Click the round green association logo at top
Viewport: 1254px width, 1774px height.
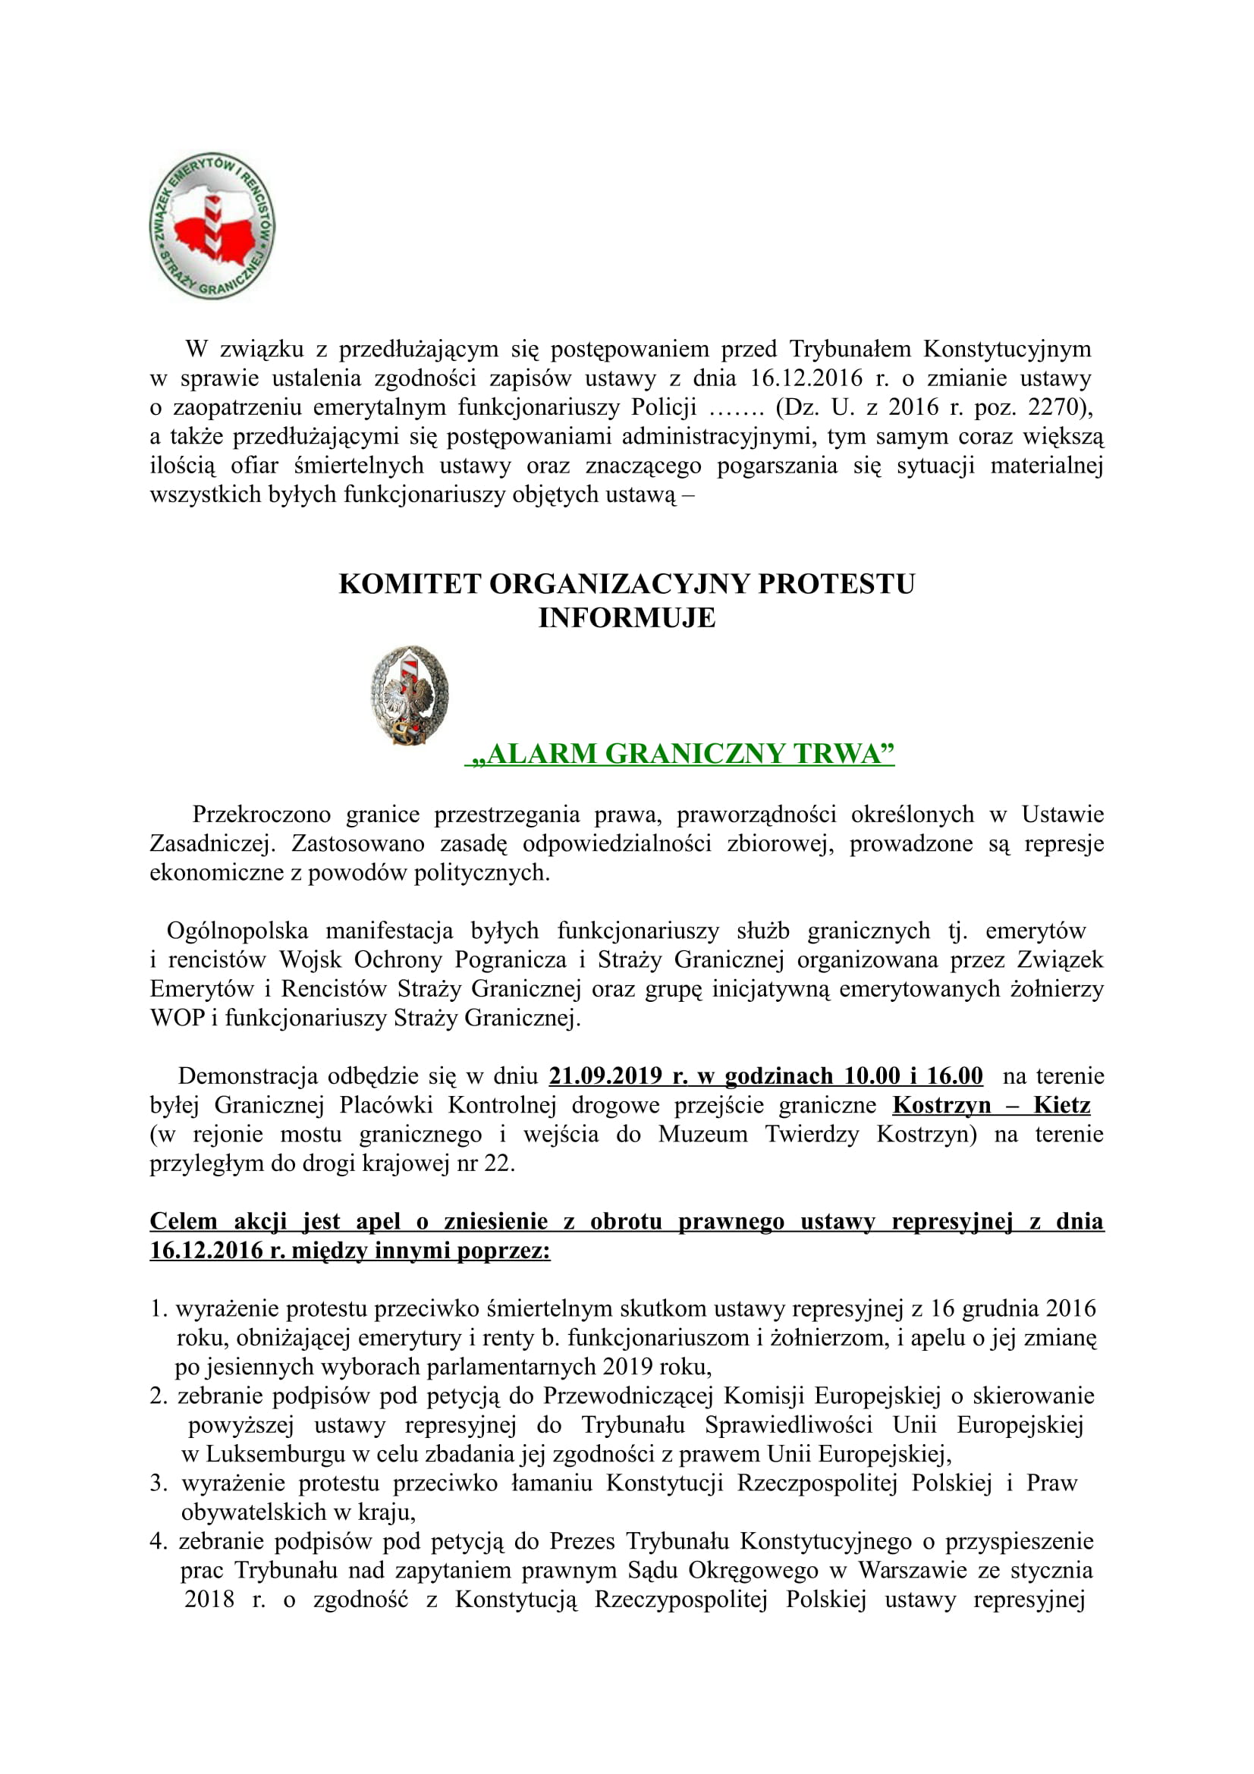212,225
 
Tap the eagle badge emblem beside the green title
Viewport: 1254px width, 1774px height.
410,695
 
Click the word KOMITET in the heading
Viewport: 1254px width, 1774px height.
410,584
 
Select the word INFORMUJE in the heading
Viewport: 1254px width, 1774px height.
627,618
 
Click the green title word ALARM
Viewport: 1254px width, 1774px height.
542,753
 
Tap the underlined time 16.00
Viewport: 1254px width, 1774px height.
955,1075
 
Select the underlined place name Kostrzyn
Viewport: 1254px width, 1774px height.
941,1105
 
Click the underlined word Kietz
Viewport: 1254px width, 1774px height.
1061,1105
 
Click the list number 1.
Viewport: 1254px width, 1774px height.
158,1309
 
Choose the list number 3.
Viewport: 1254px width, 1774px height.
158,1484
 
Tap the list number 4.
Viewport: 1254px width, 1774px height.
158,1541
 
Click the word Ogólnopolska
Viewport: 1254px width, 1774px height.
237,931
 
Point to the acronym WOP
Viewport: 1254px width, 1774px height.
177,1018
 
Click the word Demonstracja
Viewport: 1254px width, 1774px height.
246,1075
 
